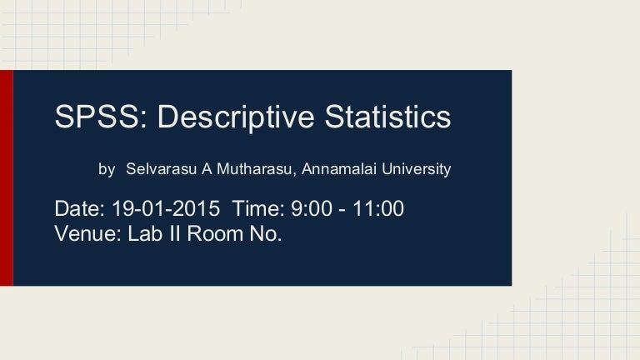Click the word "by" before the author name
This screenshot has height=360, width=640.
click(107, 169)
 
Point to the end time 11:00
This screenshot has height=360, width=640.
click(379, 208)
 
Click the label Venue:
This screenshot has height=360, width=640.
click(87, 233)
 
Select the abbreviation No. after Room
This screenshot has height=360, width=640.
click(265, 233)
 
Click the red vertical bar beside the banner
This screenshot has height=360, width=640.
click(6, 177)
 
